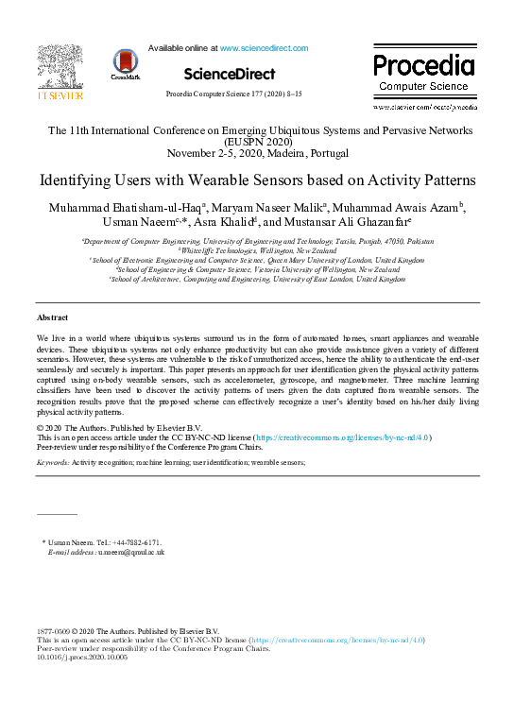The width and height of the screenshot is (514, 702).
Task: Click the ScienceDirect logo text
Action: tap(230, 74)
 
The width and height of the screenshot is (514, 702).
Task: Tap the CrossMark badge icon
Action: tap(126, 63)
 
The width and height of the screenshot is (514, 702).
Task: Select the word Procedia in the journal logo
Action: tap(423, 65)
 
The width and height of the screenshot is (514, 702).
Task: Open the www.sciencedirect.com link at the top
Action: tap(264, 47)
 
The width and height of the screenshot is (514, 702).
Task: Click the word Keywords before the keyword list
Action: tap(51, 464)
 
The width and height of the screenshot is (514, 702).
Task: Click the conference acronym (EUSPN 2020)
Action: tap(257, 141)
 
